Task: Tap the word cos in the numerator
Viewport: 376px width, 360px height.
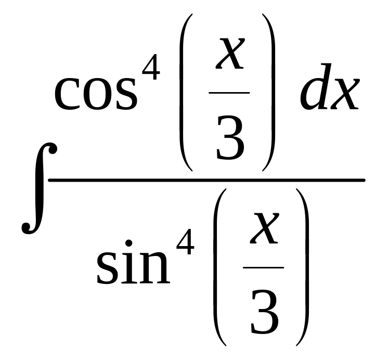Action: (x=96, y=94)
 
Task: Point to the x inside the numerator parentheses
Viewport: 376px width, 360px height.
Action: (x=229, y=55)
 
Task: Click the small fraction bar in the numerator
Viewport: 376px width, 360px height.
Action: (x=229, y=93)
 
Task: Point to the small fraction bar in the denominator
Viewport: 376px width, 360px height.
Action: (x=264, y=268)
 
